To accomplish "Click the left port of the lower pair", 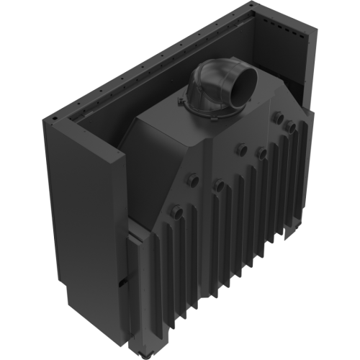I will tap(194, 177).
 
